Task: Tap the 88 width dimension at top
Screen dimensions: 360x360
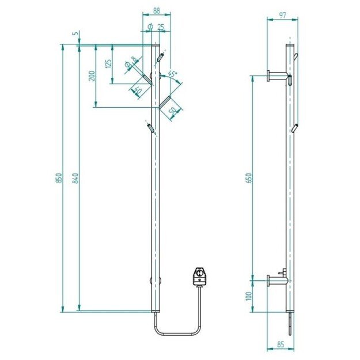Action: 150,10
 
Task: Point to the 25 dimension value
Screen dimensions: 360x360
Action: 160,27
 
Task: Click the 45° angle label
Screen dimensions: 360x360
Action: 172,74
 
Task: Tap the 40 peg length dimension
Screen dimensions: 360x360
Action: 137,89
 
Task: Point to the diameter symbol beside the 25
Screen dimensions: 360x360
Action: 149,27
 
